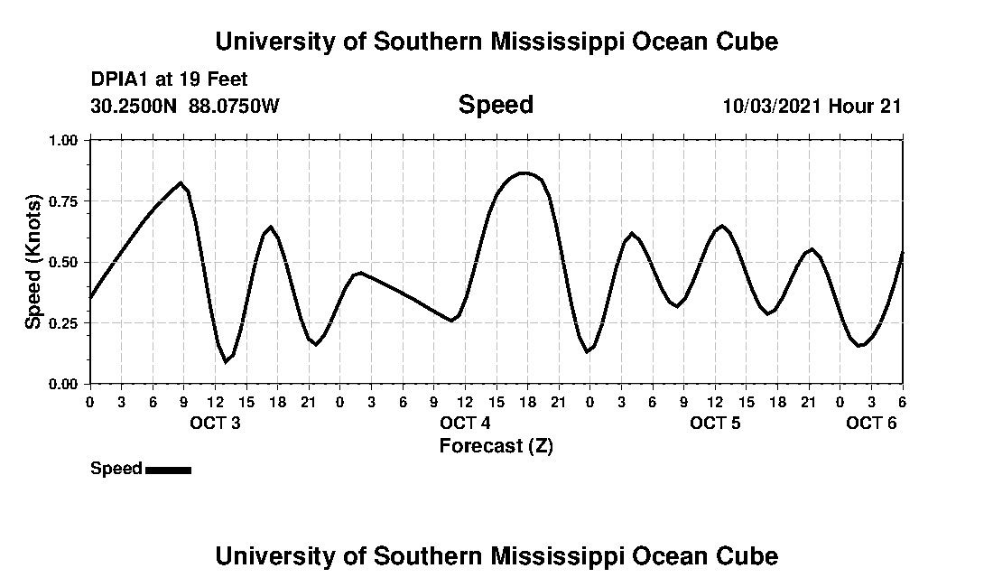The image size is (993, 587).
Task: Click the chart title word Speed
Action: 496,105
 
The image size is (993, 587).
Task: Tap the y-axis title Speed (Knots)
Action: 32,262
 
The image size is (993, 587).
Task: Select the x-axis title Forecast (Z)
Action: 496,445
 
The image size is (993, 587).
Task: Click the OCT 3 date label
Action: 215,424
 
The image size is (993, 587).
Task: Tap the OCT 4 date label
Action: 465,424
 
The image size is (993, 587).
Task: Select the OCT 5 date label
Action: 715,424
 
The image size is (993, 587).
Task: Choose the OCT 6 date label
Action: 871,424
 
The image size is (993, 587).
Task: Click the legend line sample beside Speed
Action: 168,470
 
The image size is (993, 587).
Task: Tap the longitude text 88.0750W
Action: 235,106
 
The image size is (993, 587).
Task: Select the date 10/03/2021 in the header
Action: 772,106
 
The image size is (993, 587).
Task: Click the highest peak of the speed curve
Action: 524,172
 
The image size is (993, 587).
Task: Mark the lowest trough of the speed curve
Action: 226,361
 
